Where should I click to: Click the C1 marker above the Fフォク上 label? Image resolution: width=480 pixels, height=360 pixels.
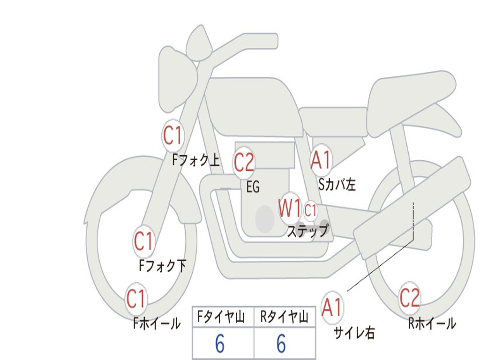click(172, 135)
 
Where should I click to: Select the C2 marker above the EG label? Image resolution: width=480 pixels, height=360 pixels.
click(244, 162)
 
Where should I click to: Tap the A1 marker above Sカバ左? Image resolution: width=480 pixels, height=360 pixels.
click(321, 160)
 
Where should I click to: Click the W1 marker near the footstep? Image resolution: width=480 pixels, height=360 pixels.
click(290, 208)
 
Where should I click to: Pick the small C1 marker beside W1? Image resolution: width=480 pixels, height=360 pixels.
click(310, 210)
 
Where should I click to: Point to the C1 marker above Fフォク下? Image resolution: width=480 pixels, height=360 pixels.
click(143, 241)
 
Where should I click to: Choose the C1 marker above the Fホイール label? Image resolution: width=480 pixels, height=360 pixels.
click(135, 299)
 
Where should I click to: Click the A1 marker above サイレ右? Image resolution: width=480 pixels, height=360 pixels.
click(332, 307)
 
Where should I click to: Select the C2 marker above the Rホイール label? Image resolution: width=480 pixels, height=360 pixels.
click(410, 298)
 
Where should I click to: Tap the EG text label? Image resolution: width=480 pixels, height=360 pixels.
click(253, 187)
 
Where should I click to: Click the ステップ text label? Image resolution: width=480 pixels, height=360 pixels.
click(307, 231)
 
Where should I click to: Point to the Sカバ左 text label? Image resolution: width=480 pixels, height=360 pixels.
click(337, 185)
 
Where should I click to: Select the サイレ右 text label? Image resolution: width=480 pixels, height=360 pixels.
click(354, 333)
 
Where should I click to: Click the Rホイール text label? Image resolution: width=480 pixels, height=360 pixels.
click(432, 323)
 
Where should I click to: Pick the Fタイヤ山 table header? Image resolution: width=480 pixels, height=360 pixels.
click(221, 317)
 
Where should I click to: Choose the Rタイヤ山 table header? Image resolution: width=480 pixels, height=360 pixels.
click(284, 317)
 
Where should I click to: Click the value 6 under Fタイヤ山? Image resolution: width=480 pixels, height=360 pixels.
click(220, 344)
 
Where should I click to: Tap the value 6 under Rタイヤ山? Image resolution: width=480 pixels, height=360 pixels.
click(281, 344)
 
